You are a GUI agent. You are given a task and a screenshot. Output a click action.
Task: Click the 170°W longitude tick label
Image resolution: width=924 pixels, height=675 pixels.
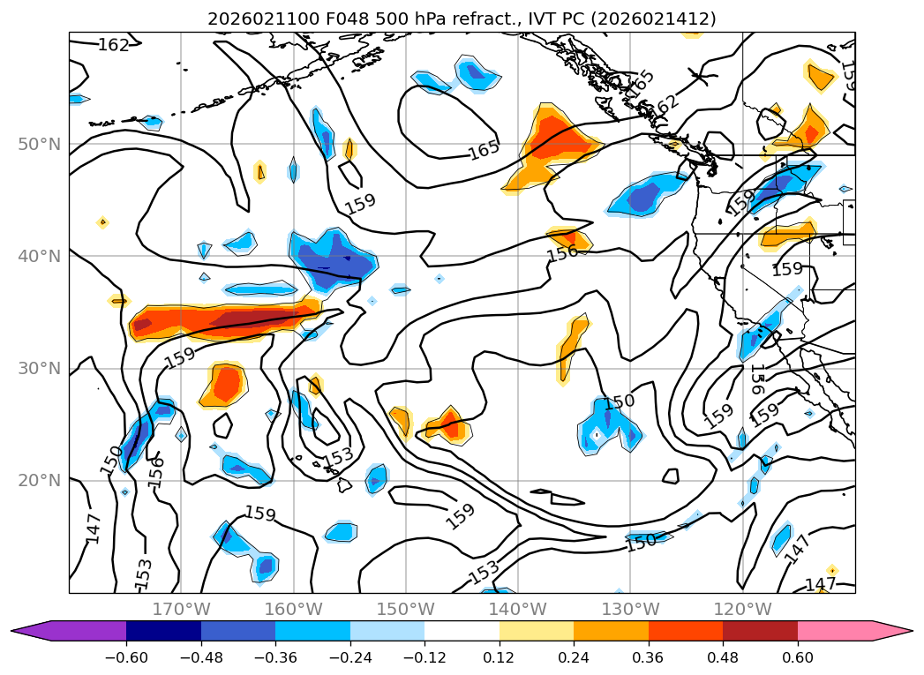181,609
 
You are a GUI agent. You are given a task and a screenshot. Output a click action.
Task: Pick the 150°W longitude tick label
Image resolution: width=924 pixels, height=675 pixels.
405,609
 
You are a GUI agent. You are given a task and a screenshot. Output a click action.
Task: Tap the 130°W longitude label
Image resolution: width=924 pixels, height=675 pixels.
629,609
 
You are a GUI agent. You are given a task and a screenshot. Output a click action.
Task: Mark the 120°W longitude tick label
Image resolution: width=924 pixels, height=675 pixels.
741,609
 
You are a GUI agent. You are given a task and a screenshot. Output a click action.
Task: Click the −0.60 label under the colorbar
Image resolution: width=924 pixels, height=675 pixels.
126,656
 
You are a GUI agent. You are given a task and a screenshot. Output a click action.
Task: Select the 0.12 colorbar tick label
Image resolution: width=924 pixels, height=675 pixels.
499,656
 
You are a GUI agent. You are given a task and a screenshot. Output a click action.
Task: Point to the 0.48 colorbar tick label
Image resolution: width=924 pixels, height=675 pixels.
723,656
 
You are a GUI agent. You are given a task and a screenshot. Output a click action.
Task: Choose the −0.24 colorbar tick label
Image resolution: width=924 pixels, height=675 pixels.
349,656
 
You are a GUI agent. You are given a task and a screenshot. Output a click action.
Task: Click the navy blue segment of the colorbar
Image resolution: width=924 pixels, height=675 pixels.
163,631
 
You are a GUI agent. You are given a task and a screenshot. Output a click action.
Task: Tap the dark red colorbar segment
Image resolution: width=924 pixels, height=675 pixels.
760,631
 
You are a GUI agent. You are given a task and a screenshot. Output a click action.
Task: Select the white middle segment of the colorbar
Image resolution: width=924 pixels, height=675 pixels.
462,631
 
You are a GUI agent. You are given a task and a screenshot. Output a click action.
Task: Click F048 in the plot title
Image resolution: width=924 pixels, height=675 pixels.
315,19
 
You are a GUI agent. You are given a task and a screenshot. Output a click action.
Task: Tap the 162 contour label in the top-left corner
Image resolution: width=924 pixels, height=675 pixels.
114,45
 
